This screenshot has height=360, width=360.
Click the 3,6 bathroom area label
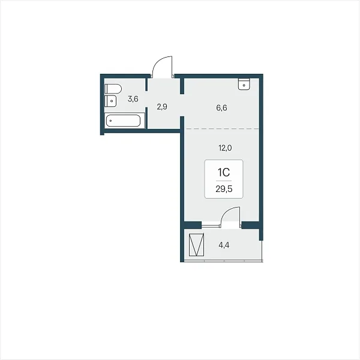click(x=133, y=99)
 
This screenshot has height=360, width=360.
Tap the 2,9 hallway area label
click(x=162, y=107)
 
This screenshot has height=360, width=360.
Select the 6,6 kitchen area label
click(x=221, y=107)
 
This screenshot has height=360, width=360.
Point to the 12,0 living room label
click(x=225, y=148)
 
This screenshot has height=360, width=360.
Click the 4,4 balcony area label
click(x=224, y=245)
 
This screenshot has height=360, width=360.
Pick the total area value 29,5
click(x=224, y=189)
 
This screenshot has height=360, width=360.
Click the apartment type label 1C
click(x=224, y=172)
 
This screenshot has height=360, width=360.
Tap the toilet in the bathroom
click(x=113, y=89)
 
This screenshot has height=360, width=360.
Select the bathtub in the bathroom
click(x=123, y=121)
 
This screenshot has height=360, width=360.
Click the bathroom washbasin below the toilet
click(x=110, y=101)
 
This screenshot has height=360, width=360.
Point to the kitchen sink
click(x=244, y=84)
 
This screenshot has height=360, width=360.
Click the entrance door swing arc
click(x=158, y=62)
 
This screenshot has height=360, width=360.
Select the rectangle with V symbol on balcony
click(x=196, y=245)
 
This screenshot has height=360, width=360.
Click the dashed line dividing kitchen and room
click(x=222, y=129)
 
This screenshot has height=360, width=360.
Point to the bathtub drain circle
click(x=111, y=121)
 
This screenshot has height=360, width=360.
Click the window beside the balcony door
click(x=211, y=226)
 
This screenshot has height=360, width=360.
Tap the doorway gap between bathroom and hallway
click(x=146, y=99)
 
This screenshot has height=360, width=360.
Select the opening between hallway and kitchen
click(x=182, y=105)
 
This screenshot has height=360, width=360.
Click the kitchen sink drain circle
click(x=244, y=85)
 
